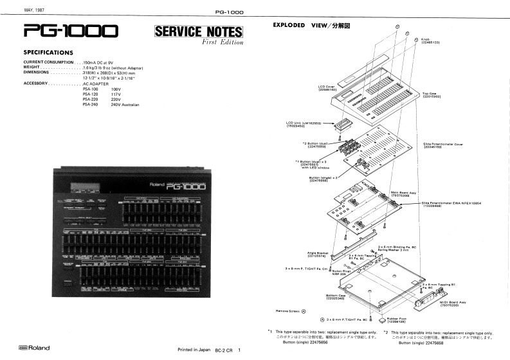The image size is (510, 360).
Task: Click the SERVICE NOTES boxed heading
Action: tap(198, 32)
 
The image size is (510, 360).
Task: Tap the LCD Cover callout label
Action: tap(327, 87)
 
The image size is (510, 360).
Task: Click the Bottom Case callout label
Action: tap(336, 297)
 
